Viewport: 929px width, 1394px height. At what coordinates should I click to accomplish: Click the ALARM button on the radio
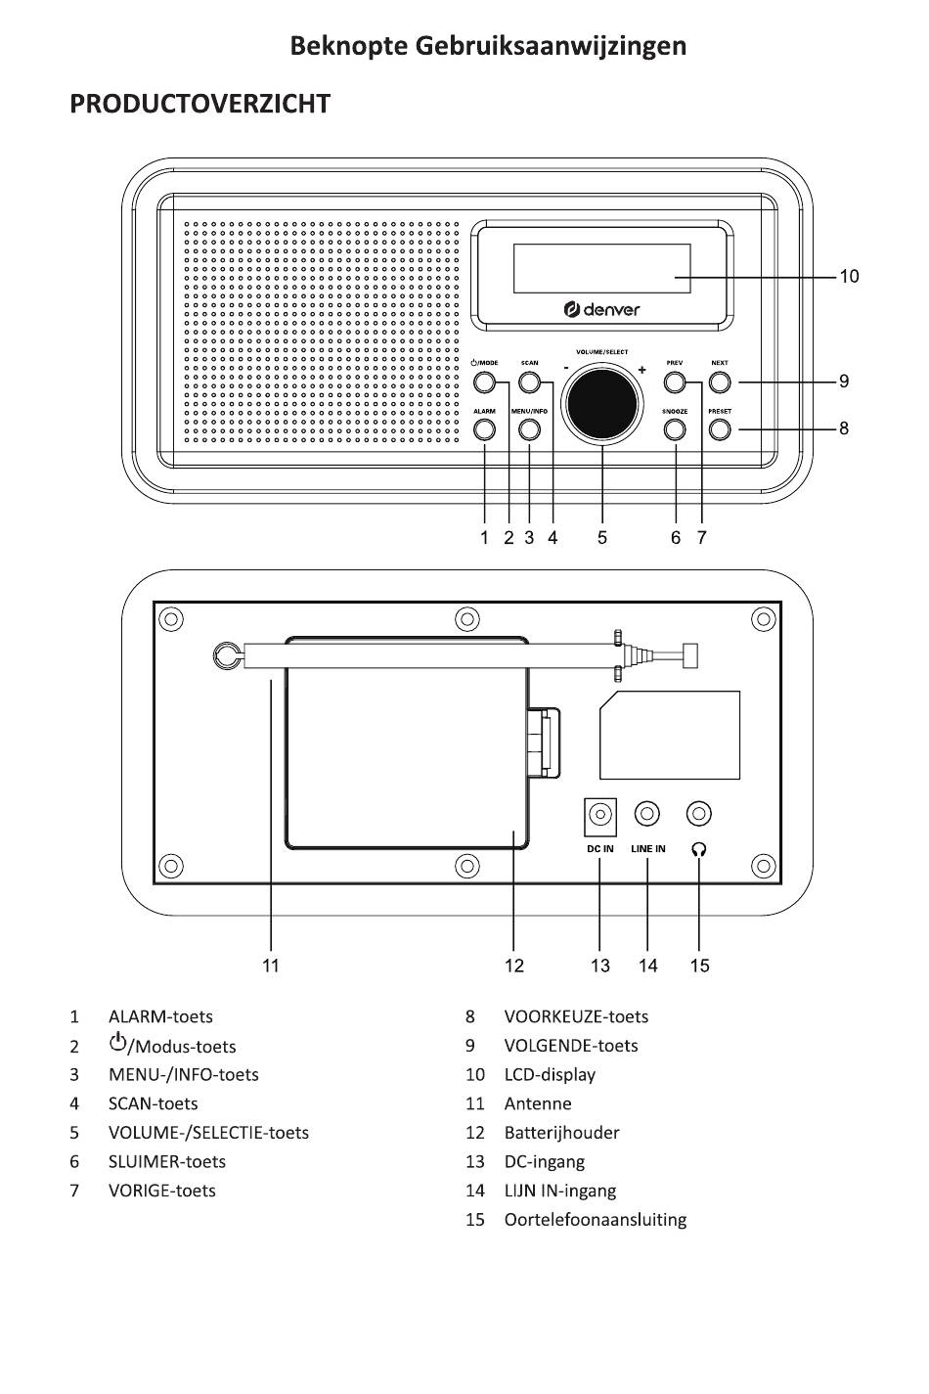tap(484, 429)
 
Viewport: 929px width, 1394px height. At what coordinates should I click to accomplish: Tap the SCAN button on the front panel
tap(529, 382)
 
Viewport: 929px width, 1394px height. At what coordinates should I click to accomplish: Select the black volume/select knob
tap(601, 405)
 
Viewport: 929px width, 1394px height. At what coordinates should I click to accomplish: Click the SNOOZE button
tap(675, 429)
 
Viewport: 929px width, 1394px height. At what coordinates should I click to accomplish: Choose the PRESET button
tap(720, 429)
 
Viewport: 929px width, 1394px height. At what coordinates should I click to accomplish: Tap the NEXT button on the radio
tap(720, 382)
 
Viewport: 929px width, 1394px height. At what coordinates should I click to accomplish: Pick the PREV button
tap(675, 382)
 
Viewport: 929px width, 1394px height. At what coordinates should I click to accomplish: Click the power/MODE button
tap(484, 382)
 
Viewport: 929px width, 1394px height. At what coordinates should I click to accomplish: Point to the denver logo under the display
tap(601, 309)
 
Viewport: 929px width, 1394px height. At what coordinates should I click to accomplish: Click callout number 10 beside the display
tap(850, 276)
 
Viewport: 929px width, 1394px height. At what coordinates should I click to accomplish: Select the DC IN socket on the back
tap(599, 815)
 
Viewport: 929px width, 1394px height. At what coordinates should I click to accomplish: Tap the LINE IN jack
tap(647, 813)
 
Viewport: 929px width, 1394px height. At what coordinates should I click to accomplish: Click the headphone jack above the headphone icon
tap(699, 813)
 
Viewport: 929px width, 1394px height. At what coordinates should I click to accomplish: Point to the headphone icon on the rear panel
tap(699, 849)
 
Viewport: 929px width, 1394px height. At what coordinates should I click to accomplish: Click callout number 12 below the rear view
tap(514, 966)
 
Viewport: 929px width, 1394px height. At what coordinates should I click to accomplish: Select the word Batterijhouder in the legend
tap(562, 1133)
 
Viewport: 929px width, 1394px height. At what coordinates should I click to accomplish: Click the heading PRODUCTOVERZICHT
tap(199, 104)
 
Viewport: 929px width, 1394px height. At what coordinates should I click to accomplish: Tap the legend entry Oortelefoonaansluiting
tap(596, 1219)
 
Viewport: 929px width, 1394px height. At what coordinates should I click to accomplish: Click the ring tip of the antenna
tap(224, 656)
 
